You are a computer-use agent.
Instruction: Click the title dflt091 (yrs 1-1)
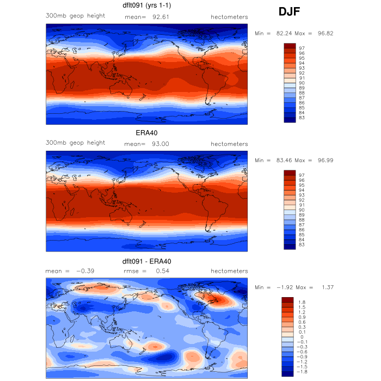click(x=146, y=7)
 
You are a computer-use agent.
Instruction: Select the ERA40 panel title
click(x=146, y=133)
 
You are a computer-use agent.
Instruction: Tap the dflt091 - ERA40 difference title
click(x=146, y=261)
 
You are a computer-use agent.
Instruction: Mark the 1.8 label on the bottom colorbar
click(x=301, y=302)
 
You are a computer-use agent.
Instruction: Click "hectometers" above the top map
click(x=229, y=17)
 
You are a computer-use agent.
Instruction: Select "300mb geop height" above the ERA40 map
click(x=75, y=143)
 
